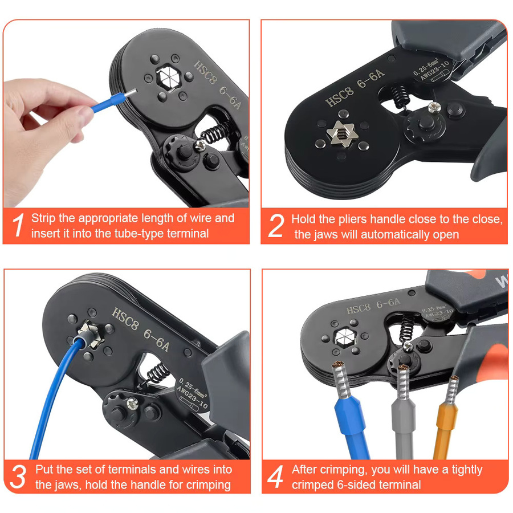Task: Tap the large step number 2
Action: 275,225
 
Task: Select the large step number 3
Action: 18,477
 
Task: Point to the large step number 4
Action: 275,477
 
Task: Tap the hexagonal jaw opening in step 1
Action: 169,78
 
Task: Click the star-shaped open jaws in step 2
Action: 342,134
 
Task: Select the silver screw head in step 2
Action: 434,107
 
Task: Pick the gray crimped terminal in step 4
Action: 404,412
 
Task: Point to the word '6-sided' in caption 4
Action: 357,484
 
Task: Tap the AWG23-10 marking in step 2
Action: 434,71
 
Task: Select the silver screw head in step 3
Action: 132,404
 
